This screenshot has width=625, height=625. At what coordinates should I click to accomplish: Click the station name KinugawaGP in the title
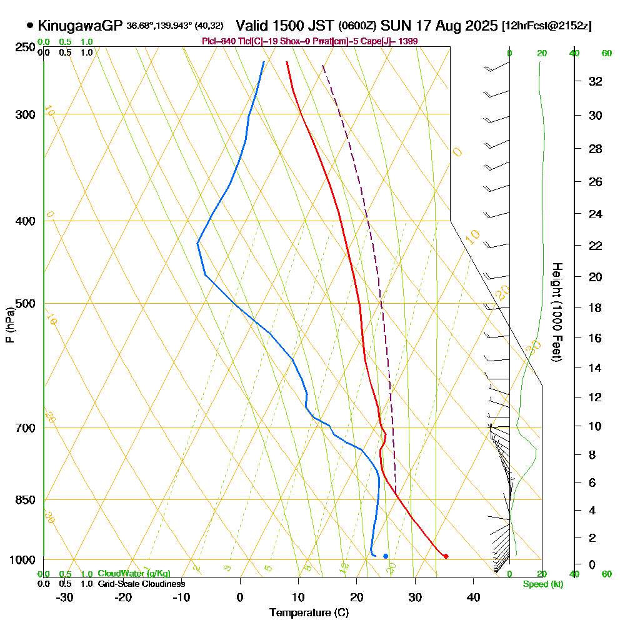tap(80, 26)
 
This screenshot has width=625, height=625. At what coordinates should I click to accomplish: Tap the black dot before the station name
tap(30, 26)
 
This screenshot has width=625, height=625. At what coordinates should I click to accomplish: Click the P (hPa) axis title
tap(9, 324)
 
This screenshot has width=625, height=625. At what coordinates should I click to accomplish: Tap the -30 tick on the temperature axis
tap(65, 597)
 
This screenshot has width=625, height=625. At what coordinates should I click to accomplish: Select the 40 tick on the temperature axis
tap(473, 597)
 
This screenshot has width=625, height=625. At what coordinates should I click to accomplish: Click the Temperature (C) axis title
tap(309, 613)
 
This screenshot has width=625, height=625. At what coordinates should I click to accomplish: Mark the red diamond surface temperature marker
tap(446, 556)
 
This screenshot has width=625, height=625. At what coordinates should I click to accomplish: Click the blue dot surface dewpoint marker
tap(386, 556)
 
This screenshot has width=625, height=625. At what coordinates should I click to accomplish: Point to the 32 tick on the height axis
tap(595, 81)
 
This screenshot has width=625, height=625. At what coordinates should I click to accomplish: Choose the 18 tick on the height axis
tap(595, 307)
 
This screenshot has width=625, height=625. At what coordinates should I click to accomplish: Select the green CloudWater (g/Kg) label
tap(134, 574)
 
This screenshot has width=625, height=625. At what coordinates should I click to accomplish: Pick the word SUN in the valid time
tap(394, 26)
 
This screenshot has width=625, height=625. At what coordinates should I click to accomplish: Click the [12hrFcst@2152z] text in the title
tap(547, 26)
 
